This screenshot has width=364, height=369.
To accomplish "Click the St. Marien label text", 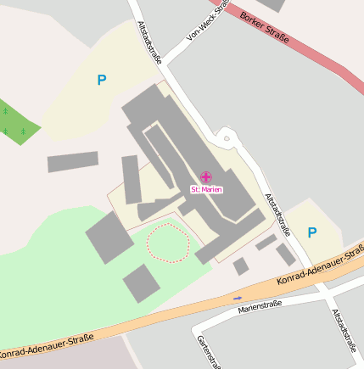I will [x=206, y=189].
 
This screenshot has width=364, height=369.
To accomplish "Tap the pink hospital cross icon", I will [x=206, y=176].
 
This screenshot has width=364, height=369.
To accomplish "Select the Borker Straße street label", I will [x=265, y=27].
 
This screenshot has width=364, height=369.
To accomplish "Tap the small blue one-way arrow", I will [x=238, y=298].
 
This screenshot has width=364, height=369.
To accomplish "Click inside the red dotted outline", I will [x=168, y=242].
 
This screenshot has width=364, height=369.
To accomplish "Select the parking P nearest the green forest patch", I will [x=102, y=81].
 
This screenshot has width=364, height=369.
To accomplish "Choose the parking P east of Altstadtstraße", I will [x=312, y=232].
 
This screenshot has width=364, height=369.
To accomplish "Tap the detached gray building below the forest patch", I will [x=72, y=161].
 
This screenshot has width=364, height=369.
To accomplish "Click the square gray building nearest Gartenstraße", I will [x=140, y=282].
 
